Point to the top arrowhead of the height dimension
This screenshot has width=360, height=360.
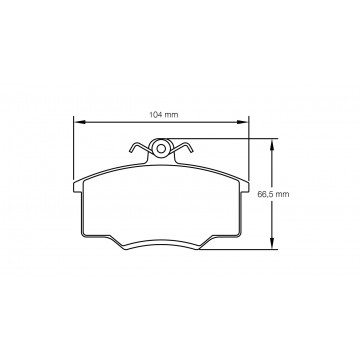(x=272, y=141)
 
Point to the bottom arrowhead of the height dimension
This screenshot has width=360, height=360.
(x=272, y=245)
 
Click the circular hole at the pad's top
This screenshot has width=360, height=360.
(x=160, y=149)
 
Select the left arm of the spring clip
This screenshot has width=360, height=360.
(x=138, y=153)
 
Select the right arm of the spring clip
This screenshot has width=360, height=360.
(x=183, y=153)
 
